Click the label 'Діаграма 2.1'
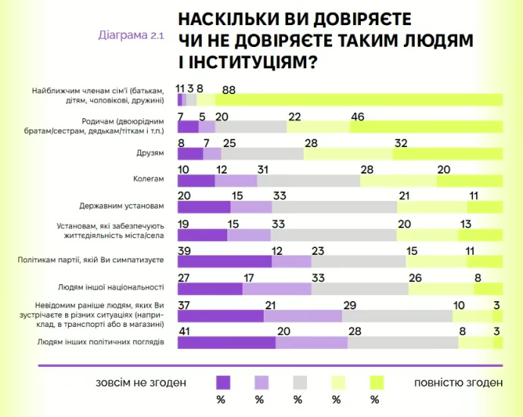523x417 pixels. (x=130, y=35)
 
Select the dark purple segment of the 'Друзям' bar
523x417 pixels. (x=189, y=153)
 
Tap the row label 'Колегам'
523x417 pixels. (x=148, y=180)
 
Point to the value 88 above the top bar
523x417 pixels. (x=228, y=89)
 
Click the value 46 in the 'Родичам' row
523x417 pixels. (x=358, y=116)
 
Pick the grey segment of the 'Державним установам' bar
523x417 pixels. (x=334, y=207)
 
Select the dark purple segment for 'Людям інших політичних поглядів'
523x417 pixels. (x=226, y=343)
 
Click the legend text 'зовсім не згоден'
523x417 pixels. (x=141, y=382)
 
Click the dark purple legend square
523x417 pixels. (x=223, y=382)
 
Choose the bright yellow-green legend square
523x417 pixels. (x=376, y=382)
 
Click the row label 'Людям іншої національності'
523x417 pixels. (x=111, y=287)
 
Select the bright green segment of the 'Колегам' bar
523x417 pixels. (x=469, y=180)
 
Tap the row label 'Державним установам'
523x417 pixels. (x=122, y=205)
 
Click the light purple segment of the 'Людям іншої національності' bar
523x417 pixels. (x=277, y=288)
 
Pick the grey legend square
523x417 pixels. (x=299, y=382)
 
